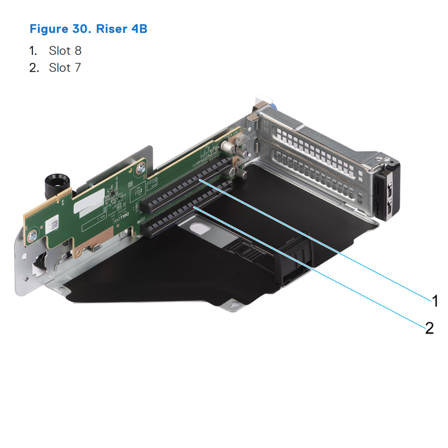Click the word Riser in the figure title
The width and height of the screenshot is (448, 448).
[111, 29]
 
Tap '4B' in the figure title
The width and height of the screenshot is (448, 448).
[138, 29]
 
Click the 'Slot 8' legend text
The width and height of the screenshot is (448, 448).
[65, 51]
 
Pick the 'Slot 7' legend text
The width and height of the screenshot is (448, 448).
[65, 68]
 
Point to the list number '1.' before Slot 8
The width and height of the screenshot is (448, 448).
[34, 51]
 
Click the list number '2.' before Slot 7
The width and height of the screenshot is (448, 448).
[34, 68]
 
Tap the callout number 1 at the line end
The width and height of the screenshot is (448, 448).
[435, 301]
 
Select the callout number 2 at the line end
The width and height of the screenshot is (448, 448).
[429, 328]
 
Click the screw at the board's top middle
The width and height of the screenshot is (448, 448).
[141, 167]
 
